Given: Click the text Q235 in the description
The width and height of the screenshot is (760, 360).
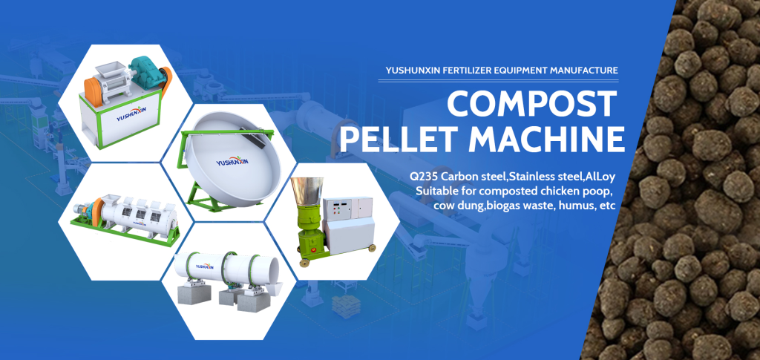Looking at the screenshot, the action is point(421,175).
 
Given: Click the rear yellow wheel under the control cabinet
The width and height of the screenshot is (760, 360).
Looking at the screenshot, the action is point(372,248).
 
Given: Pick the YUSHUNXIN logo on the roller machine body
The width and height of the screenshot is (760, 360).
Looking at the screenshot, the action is point(130,117).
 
